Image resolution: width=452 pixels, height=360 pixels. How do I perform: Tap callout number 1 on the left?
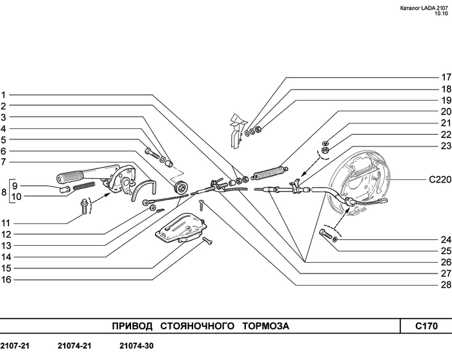coord(3,94)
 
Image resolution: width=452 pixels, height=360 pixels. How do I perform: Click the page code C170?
coord(426,326)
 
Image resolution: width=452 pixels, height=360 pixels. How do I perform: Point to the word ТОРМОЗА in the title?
coord(265,326)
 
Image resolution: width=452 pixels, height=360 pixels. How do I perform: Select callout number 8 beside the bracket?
coord(4,192)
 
